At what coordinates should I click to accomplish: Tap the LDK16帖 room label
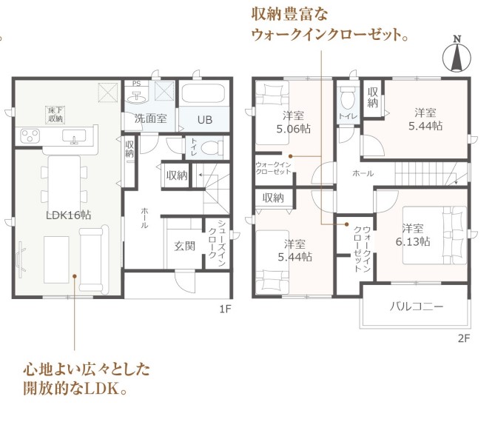(x=69, y=215)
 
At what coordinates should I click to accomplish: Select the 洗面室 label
(x=151, y=118)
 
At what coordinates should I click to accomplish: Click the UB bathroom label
(x=205, y=120)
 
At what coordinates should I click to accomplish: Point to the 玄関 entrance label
(x=185, y=246)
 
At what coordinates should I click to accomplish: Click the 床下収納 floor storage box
(x=55, y=115)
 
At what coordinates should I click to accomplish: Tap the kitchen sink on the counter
(x=74, y=136)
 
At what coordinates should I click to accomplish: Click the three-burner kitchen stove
(x=30, y=136)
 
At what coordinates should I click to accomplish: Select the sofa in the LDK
(x=94, y=258)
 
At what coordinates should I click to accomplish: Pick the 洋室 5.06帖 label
(x=294, y=122)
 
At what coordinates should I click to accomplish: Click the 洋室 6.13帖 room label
(x=413, y=235)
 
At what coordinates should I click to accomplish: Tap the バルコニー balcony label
(x=417, y=307)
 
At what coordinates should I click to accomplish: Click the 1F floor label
(x=226, y=309)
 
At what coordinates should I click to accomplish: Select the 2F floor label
(x=464, y=338)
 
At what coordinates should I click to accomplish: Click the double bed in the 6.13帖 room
(x=435, y=235)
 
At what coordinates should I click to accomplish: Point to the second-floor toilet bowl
(x=348, y=97)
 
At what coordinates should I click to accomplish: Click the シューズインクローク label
(x=217, y=243)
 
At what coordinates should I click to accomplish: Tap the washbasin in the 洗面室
(x=136, y=97)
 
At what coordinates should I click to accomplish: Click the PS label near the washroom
(x=136, y=84)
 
